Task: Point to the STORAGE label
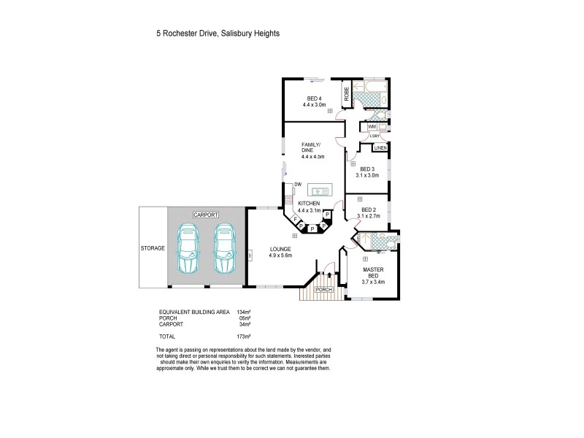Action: tap(153, 248)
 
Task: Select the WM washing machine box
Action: tap(372, 126)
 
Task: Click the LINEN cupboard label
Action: tap(380, 149)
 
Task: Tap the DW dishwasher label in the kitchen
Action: tap(298, 185)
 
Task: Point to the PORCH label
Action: tap(324, 289)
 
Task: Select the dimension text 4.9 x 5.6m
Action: tap(280, 255)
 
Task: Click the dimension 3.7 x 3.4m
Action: tap(374, 281)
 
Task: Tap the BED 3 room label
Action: tap(367, 169)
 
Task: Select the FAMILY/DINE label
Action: tap(312, 147)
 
